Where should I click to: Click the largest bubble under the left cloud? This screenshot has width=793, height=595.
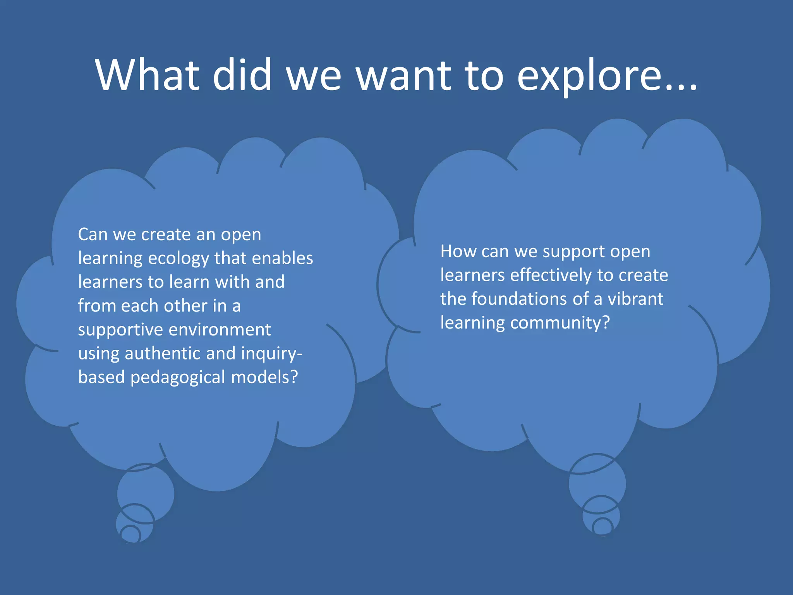[146, 492]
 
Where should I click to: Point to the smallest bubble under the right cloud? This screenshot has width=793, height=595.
[602, 527]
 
